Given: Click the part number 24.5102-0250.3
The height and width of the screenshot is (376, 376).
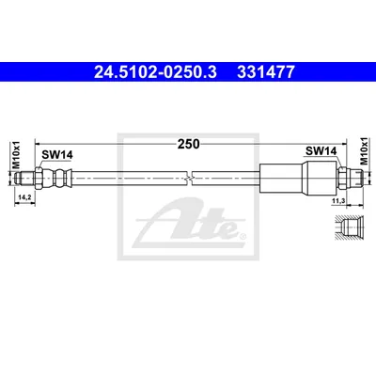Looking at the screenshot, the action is [155, 72].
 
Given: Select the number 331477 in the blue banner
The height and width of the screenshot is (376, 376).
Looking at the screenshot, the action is [266, 72].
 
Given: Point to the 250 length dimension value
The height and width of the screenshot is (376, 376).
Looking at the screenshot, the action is [189, 144].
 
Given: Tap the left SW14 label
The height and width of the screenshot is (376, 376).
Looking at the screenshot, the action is [57, 154].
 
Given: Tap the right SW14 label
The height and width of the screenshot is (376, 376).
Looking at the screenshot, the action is [321, 151].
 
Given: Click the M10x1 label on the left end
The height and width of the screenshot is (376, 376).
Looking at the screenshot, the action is [16, 154].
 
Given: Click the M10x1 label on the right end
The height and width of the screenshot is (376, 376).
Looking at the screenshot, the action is [364, 150].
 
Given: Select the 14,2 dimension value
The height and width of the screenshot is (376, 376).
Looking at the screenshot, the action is [24, 197].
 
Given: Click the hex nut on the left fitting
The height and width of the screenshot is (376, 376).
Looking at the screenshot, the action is [39, 178].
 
